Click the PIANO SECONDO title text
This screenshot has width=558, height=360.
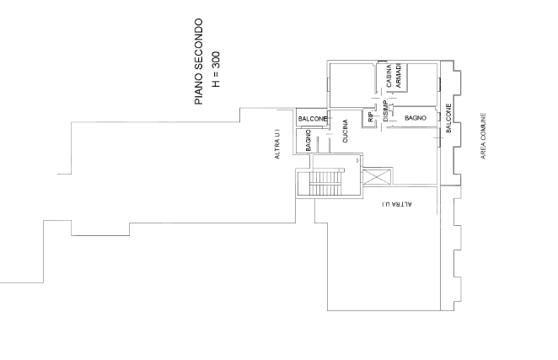point(199,62)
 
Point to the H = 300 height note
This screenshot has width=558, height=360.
point(216,69)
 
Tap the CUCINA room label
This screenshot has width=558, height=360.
point(346,131)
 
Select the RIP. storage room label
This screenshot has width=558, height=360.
point(370,116)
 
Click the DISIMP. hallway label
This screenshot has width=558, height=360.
point(385,111)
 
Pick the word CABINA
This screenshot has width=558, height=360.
point(389,76)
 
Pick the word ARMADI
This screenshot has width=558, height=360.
point(398,76)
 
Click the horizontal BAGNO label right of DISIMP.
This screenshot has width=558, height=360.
point(416,118)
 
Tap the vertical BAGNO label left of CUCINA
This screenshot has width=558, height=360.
point(309,140)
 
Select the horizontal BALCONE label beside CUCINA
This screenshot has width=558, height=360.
point(312,119)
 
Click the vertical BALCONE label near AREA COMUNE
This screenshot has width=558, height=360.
point(448,118)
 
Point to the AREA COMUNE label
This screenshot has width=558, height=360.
point(483,136)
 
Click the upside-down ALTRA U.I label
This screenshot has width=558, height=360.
point(397,204)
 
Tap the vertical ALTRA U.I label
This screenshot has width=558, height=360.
point(277,144)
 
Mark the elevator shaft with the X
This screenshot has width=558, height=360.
point(377,177)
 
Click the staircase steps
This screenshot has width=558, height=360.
point(326,184)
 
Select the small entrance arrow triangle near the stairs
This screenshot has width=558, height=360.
point(357,161)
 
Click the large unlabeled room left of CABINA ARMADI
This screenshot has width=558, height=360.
point(352,85)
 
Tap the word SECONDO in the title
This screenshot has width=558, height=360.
point(199,45)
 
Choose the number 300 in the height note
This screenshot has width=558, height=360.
point(216,60)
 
